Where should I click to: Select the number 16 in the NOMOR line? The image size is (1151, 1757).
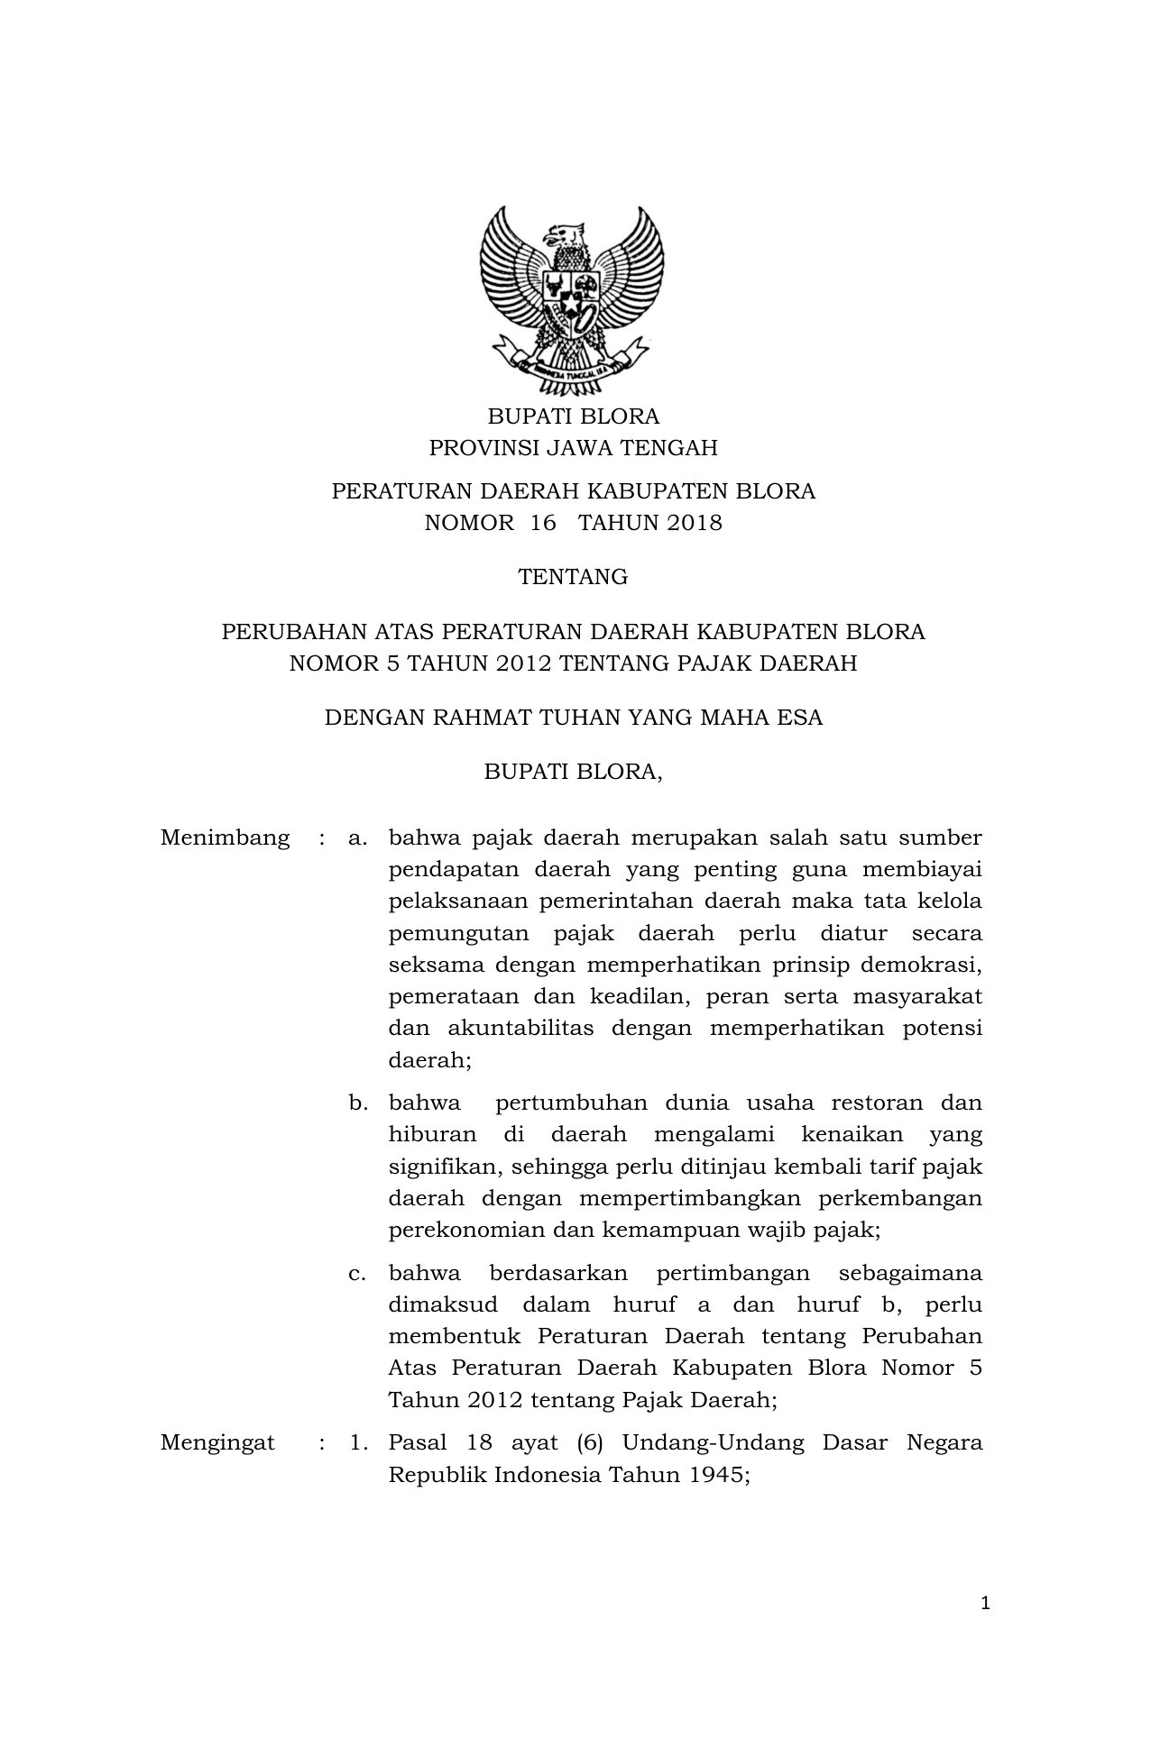544,523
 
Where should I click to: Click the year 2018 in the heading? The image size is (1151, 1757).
695,523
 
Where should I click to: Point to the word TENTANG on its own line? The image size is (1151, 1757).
573,577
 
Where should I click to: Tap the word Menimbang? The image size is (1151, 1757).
226,837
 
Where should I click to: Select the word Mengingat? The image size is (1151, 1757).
217,1442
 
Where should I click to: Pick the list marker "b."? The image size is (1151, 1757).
358,1103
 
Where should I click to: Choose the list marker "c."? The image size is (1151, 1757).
357,1273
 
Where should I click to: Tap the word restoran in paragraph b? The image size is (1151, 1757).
876,1103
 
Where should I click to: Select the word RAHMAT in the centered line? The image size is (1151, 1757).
481,718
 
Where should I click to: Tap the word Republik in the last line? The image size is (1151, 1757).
437,1475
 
